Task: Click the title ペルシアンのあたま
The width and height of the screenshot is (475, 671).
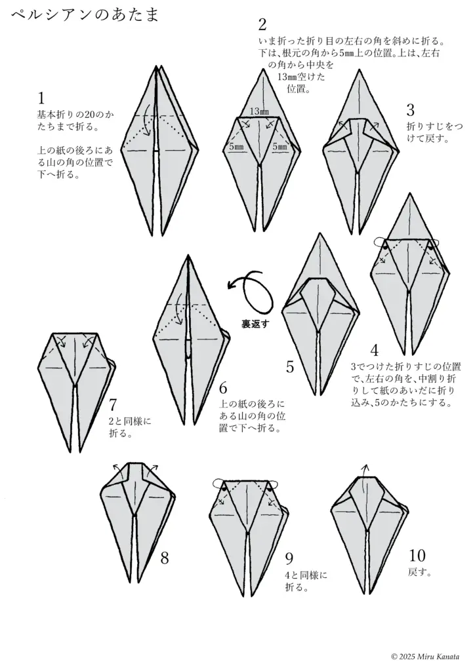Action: [x=85, y=14]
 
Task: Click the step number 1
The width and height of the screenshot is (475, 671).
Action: [x=41, y=99]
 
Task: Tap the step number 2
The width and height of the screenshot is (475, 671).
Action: [x=262, y=26]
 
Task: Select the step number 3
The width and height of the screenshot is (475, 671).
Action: [x=411, y=109]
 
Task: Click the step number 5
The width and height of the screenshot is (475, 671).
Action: [x=290, y=366]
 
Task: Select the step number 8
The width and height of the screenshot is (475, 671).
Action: [x=165, y=558]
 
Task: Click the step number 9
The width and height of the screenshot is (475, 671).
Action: [x=289, y=558]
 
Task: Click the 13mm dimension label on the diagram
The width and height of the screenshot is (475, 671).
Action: [x=259, y=112]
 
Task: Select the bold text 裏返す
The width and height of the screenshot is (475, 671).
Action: [x=253, y=323]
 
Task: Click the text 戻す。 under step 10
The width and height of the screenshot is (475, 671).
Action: [x=419, y=573]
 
